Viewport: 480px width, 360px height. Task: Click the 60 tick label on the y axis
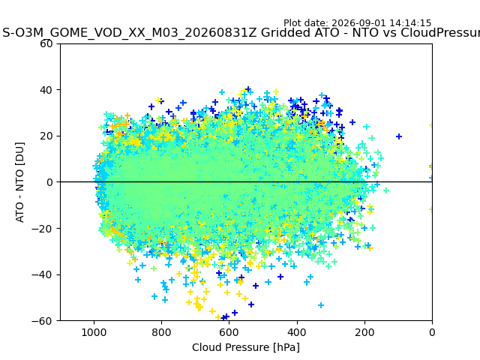click(x=46, y=43)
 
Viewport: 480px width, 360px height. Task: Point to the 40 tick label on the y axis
click(x=46, y=90)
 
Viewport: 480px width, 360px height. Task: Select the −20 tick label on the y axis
click(x=42, y=228)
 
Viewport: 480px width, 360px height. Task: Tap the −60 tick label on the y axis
click(x=42, y=321)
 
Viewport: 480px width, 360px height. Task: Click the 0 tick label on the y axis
click(x=49, y=182)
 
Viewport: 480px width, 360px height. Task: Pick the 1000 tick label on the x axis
click(x=94, y=332)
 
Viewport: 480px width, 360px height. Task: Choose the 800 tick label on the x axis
click(x=162, y=332)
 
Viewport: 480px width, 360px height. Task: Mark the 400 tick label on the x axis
click(x=297, y=332)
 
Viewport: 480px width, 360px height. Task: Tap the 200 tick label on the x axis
click(x=364, y=332)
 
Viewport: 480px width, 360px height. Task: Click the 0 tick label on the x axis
click(x=432, y=332)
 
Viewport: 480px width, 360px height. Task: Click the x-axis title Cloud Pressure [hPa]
click(x=246, y=347)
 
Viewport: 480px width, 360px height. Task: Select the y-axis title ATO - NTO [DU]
click(x=19, y=182)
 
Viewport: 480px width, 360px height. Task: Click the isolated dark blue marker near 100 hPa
click(x=398, y=136)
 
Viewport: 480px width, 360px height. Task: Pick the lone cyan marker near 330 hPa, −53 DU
click(x=321, y=305)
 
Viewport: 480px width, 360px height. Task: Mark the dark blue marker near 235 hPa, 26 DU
click(x=352, y=122)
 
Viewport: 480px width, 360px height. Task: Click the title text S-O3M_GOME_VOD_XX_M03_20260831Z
click(x=130, y=32)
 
